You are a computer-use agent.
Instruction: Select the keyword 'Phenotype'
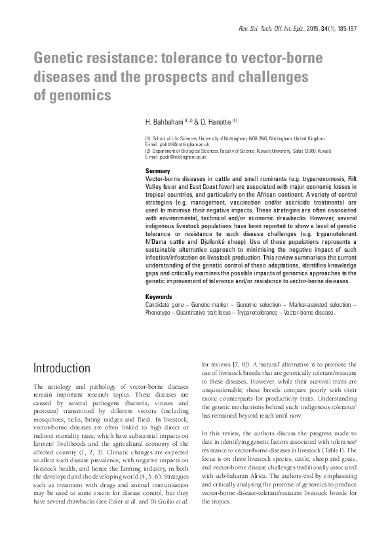tap(157, 312)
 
